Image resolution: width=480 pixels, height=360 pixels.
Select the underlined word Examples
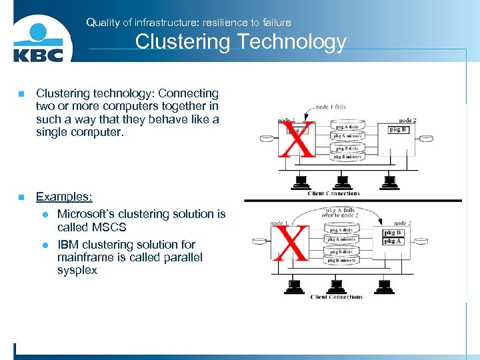coord(64,197)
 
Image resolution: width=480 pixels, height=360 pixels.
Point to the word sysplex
coord(77,271)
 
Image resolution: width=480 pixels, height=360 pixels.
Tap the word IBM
coord(69,245)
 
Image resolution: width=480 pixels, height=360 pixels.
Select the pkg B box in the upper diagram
coord(398,129)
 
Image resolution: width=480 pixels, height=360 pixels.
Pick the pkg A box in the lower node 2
coord(393,241)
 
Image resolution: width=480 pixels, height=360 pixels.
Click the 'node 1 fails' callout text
coord(330,107)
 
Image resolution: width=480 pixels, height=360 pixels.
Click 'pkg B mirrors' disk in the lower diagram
coord(341,260)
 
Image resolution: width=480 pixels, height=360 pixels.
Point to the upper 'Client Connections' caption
coord(333,193)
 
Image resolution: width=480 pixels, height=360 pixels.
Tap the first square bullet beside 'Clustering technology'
coord(21,94)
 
